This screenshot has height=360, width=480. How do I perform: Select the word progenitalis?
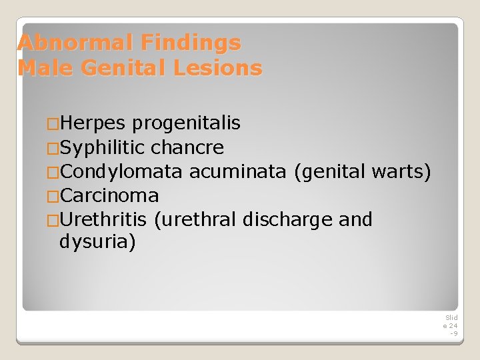[186, 123]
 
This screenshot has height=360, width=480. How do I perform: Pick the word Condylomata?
[121, 171]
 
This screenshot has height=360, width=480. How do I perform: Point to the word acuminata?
[238, 171]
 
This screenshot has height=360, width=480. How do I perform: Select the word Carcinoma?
[109, 195]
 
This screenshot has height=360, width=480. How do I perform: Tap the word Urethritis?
[103, 219]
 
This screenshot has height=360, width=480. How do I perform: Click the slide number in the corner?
[451, 325]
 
